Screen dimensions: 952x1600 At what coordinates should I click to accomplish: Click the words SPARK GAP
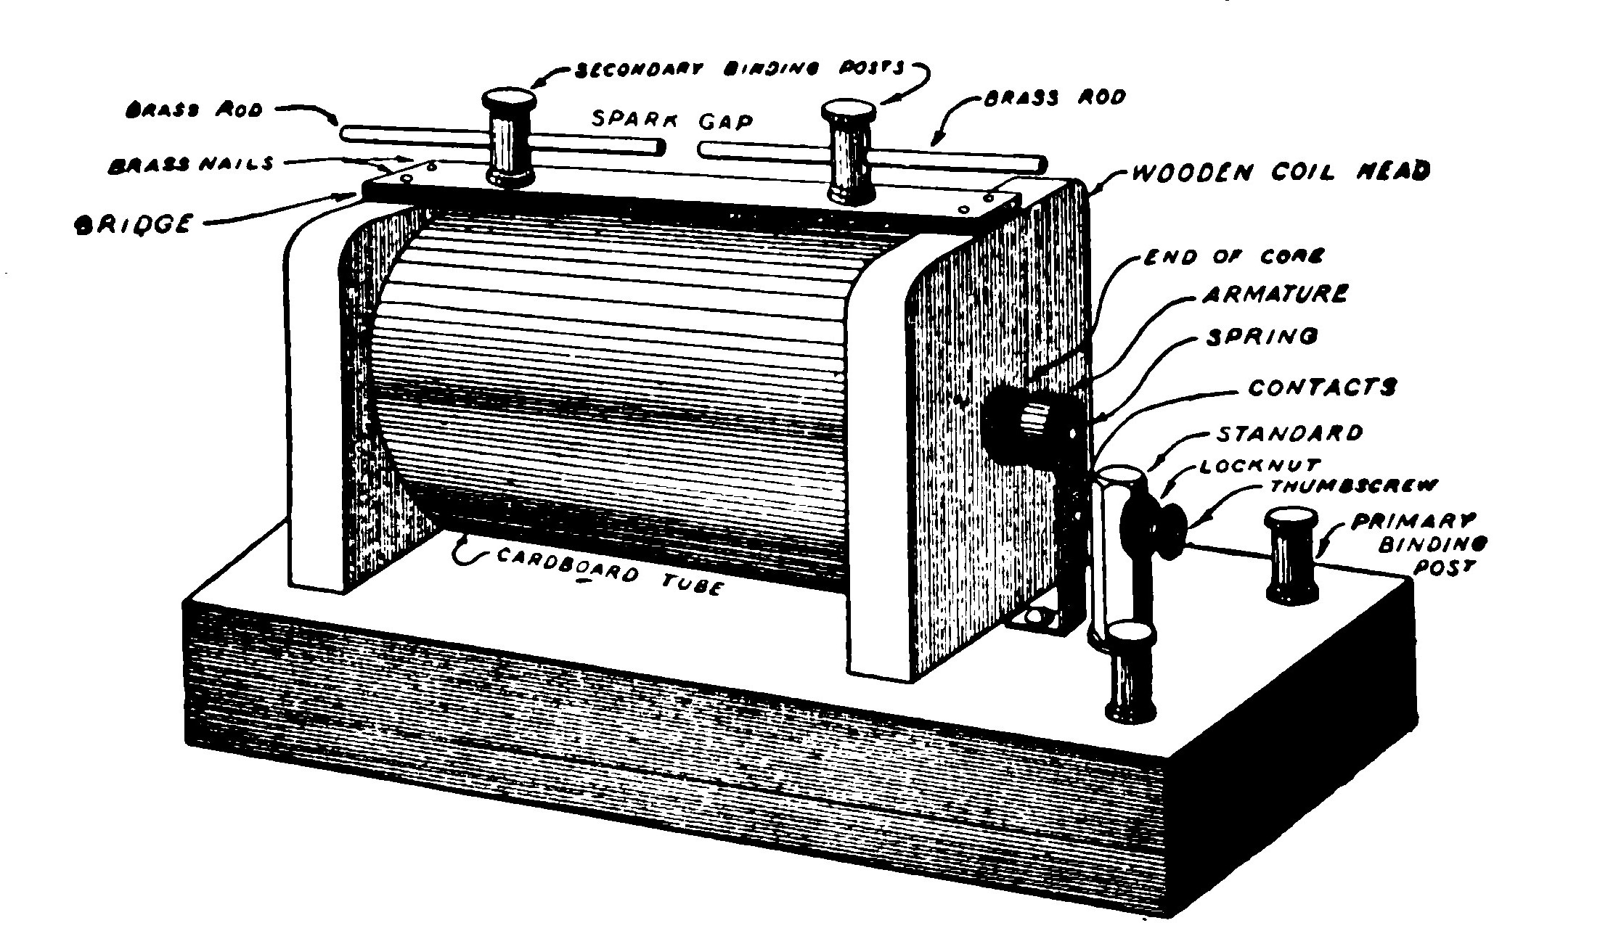click(672, 120)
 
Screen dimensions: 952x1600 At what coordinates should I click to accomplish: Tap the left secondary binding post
click(511, 138)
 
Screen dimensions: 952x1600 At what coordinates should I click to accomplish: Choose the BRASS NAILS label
click(191, 164)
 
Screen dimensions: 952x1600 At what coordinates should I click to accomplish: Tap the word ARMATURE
click(1274, 294)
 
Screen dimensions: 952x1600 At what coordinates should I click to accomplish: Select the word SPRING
click(1261, 337)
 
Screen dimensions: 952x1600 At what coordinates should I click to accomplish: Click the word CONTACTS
click(1321, 387)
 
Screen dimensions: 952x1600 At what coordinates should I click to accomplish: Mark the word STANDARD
click(1289, 433)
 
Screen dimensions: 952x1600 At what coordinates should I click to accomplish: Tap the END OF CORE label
click(1233, 255)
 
